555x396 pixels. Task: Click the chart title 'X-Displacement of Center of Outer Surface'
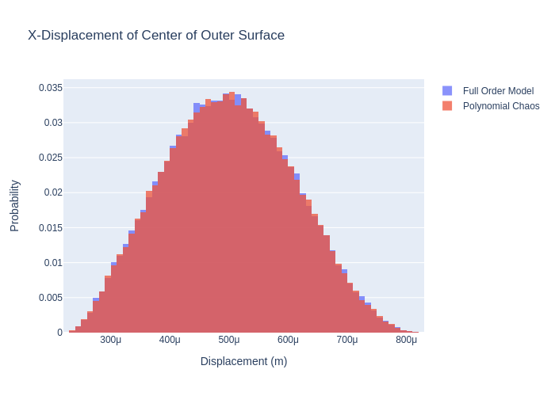(x=156, y=36)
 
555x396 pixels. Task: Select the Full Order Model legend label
(x=498, y=91)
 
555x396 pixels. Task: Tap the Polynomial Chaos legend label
(x=501, y=106)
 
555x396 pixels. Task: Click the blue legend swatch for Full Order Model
(x=447, y=91)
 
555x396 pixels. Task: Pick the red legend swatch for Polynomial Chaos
(x=447, y=106)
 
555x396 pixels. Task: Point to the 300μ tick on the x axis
(x=111, y=340)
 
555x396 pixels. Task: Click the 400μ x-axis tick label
(x=170, y=340)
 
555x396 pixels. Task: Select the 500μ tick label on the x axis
(x=229, y=340)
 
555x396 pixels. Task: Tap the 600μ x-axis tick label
(x=288, y=340)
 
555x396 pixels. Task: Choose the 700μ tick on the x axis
(x=347, y=340)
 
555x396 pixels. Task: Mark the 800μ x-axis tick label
(x=406, y=340)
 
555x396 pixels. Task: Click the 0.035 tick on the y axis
(x=51, y=88)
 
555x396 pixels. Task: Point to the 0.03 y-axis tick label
(x=53, y=123)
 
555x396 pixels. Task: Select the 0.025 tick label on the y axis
(x=51, y=158)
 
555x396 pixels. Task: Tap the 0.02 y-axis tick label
(x=53, y=192)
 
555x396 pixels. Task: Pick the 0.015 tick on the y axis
(x=51, y=228)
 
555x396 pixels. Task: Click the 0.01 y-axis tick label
(x=53, y=263)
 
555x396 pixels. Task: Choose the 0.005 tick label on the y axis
(x=51, y=298)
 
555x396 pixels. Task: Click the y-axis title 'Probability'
(x=14, y=206)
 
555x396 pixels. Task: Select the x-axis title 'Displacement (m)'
(x=243, y=361)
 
